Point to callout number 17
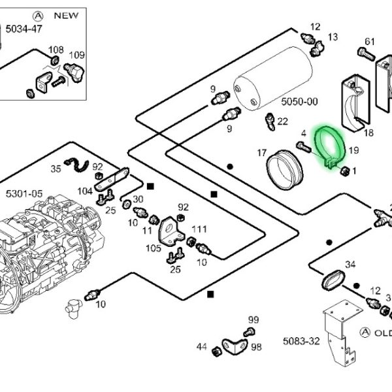[262, 154]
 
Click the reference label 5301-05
[24, 193]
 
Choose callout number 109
[76, 55]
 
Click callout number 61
[370, 42]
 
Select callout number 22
[282, 122]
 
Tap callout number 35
[56, 169]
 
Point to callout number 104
[85, 191]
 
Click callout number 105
[152, 248]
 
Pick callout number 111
[199, 229]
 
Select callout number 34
[350, 265]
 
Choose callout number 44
[201, 347]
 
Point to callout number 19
[353, 150]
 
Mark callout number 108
[57, 50]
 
